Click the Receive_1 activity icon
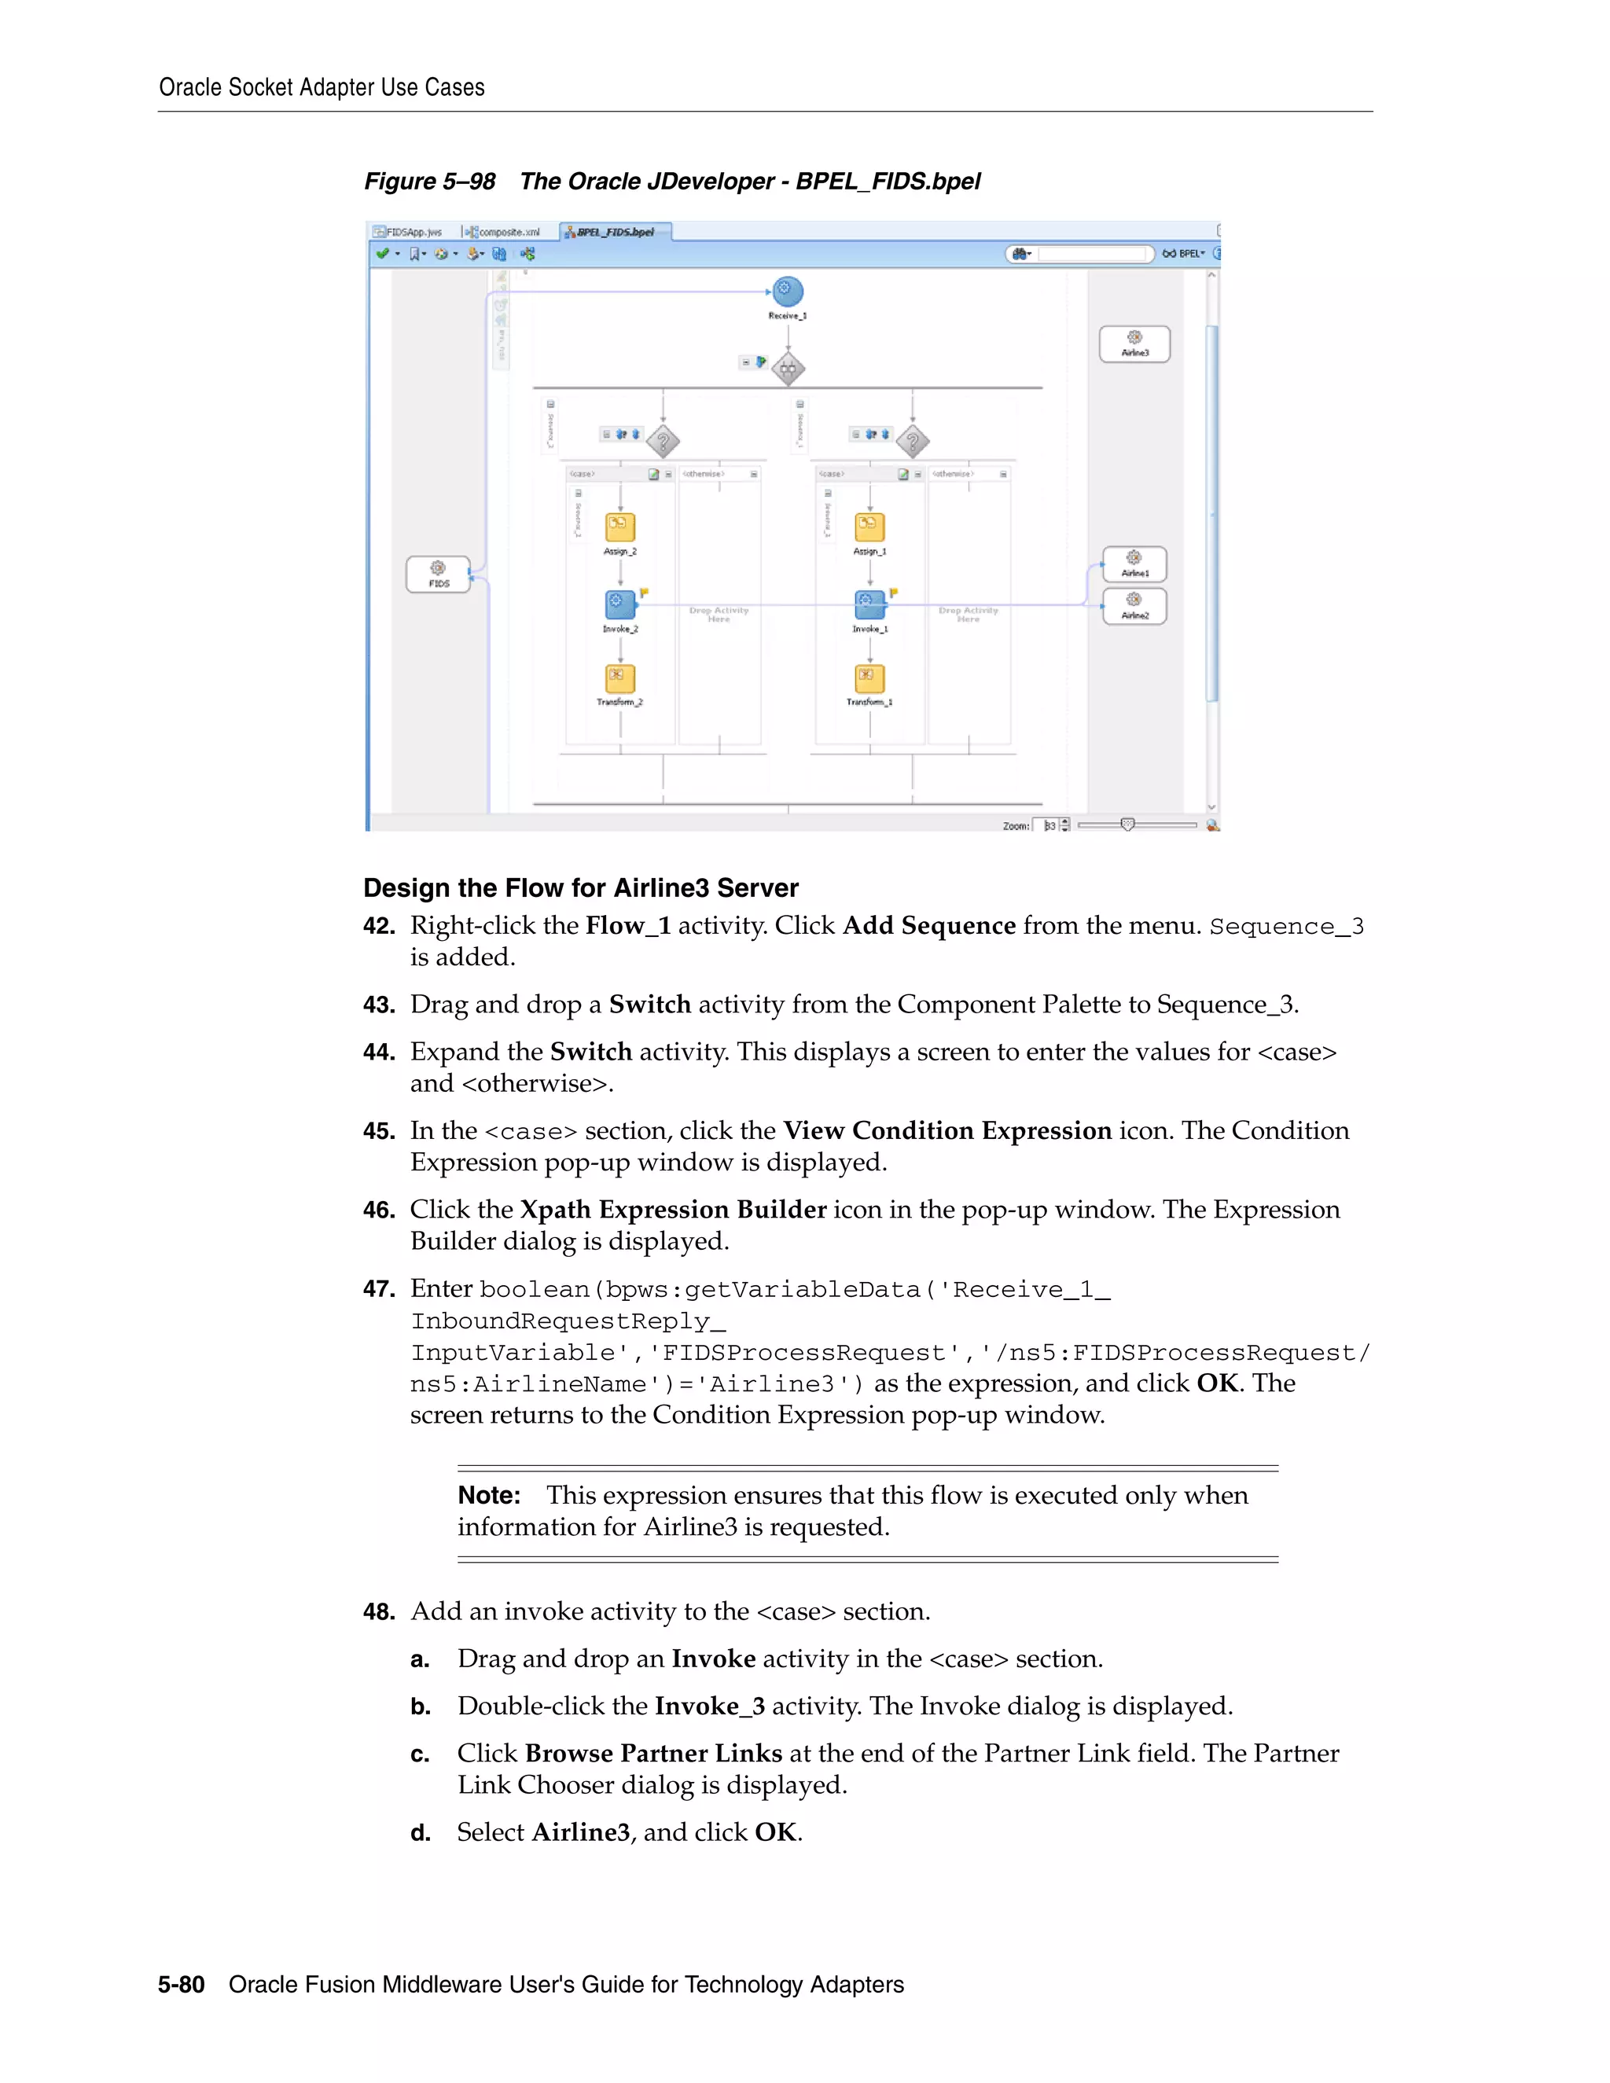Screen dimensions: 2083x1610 (787, 292)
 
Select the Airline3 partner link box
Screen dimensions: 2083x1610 (1134, 344)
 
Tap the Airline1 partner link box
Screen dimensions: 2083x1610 (1134, 564)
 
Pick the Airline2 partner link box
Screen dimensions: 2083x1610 (1134, 607)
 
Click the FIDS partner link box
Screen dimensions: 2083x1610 (438, 574)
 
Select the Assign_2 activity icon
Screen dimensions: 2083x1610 (620, 527)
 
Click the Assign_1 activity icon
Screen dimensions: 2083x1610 (869, 527)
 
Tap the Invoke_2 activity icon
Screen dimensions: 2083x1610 (620, 604)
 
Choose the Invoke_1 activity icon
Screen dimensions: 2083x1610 (869, 604)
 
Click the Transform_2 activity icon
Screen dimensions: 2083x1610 (620, 678)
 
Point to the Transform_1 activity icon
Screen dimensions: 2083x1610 (869, 678)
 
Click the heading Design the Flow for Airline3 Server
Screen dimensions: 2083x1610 (580, 888)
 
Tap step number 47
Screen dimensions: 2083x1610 (379, 1289)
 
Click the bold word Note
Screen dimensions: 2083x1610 (488, 1496)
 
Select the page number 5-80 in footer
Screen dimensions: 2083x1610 (182, 1985)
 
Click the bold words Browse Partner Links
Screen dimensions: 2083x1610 (652, 1753)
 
